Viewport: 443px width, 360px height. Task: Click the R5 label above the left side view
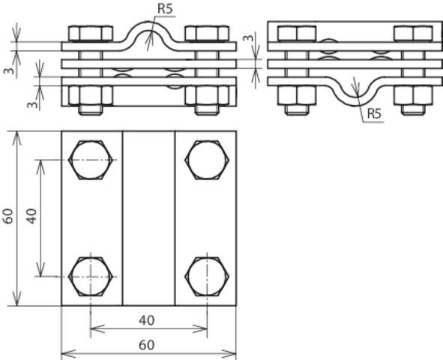click(166, 10)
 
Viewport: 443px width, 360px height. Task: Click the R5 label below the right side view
click(373, 114)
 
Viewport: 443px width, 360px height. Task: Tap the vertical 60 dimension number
click(8, 217)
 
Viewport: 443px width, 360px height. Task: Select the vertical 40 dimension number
click(31, 217)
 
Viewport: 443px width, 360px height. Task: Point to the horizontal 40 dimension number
click(147, 320)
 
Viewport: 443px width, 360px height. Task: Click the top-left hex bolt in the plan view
click(90, 160)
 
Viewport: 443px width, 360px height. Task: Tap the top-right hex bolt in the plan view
click(206, 160)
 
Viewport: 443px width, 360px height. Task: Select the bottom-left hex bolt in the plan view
click(90, 276)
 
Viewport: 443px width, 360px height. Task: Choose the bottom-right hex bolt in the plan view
click(206, 276)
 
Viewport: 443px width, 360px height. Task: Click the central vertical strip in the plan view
click(148, 217)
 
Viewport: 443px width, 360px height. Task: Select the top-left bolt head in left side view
click(90, 34)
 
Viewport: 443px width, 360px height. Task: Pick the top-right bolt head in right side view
click(413, 34)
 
